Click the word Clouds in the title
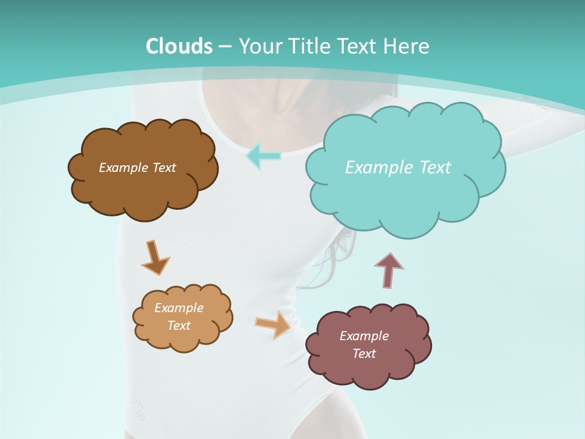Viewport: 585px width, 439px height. [179, 46]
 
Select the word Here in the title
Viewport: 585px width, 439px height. [409, 46]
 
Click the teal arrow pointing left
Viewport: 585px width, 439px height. [263, 155]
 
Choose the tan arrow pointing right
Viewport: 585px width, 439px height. [273, 324]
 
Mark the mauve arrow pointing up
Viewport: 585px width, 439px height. [389, 270]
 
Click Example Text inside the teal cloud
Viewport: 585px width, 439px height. [398, 167]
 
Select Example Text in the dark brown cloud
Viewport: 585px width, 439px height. [137, 167]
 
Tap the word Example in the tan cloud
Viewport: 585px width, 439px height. [179, 308]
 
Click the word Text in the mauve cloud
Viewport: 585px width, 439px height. [364, 354]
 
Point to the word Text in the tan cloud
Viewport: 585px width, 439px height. [179, 326]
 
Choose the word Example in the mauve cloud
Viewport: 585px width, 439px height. [364, 336]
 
